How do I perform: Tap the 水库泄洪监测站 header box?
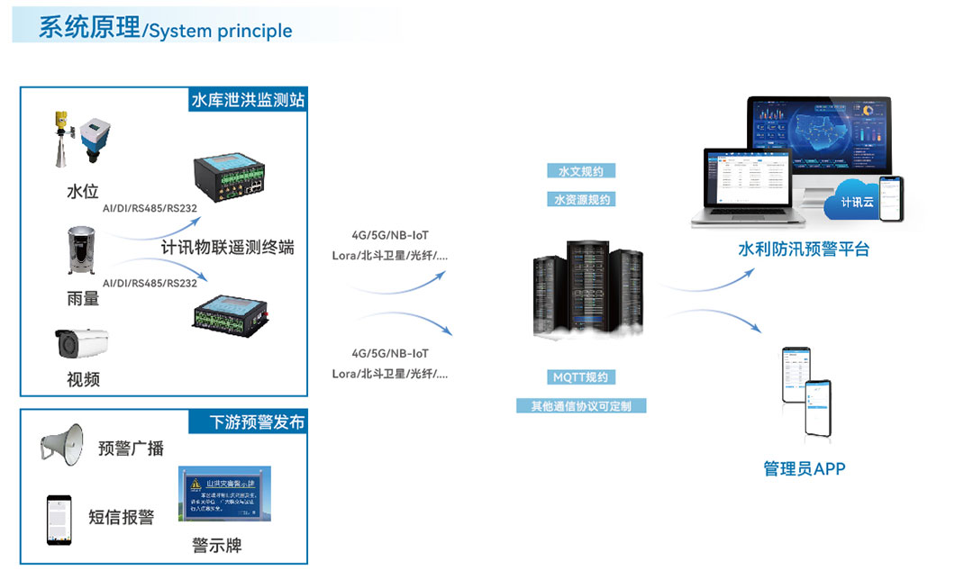point(248,100)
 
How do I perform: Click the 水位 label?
point(82,193)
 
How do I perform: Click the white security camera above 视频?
point(82,342)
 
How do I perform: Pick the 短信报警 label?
point(122,517)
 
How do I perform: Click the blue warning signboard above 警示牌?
point(224,494)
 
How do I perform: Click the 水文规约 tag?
point(581,171)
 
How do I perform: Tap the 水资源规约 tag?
point(581,200)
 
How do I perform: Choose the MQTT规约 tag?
point(581,377)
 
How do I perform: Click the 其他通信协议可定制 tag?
point(581,406)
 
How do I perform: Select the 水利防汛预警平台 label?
point(804,249)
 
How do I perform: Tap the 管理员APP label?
point(804,468)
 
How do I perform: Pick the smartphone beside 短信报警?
point(59,519)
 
